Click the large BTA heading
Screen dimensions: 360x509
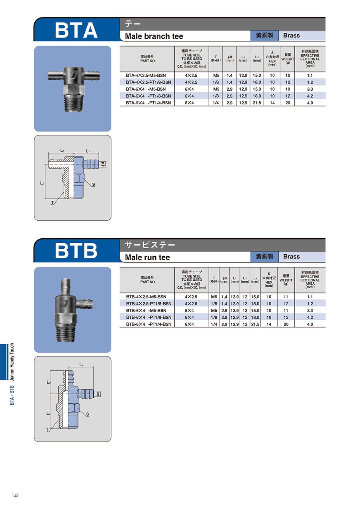tap(76, 30)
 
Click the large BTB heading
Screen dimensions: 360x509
tap(76, 251)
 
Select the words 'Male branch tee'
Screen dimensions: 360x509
tap(154, 36)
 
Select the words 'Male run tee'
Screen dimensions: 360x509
tap(147, 257)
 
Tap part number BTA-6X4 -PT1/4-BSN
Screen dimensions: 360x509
tap(148, 103)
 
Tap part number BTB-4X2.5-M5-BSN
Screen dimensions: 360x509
tap(146, 297)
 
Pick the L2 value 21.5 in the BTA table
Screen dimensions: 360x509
tap(257, 103)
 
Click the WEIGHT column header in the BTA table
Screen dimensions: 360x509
tap(288, 59)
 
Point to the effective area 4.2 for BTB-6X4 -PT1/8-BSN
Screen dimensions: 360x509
tap(310, 317)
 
